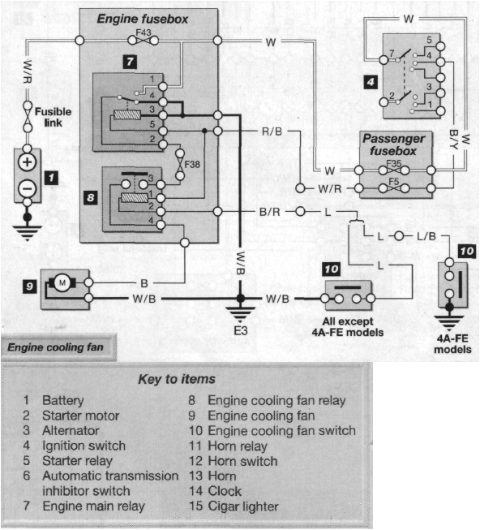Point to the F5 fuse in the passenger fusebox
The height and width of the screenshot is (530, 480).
pyautogui.click(x=392, y=181)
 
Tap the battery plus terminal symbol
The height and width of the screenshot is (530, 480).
pyautogui.click(x=27, y=162)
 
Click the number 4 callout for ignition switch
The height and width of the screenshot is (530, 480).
pyautogui.click(x=369, y=81)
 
